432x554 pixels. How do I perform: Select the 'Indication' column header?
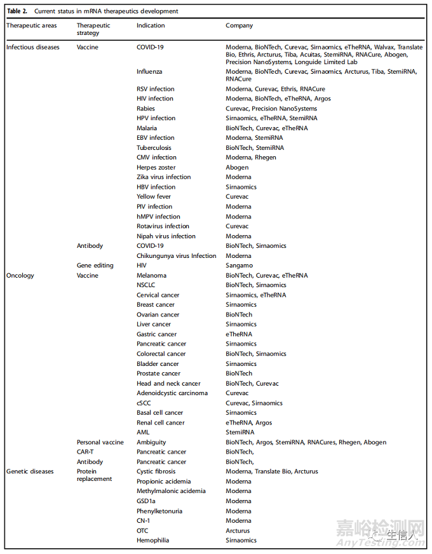(151, 26)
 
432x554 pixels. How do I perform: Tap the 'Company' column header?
(239, 26)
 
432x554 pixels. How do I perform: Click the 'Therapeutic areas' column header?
(31, 26)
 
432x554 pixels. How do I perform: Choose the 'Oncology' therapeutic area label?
(20, 276)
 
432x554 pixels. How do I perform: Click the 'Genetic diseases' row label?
(30, 471)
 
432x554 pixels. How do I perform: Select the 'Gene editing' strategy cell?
(95, 266)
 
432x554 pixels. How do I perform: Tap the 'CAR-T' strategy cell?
(86, 452)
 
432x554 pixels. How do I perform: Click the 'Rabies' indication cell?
(145, 109)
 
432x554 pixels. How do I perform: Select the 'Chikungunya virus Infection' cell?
(177, 256)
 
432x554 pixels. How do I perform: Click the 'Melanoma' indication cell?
(151, 276)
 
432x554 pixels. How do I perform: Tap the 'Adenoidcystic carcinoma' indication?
(172, 393)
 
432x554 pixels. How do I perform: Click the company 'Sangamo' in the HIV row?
(239, 266)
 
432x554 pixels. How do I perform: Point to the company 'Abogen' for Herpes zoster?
(238, 168)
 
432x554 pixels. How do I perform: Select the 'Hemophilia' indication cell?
(152, 540)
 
